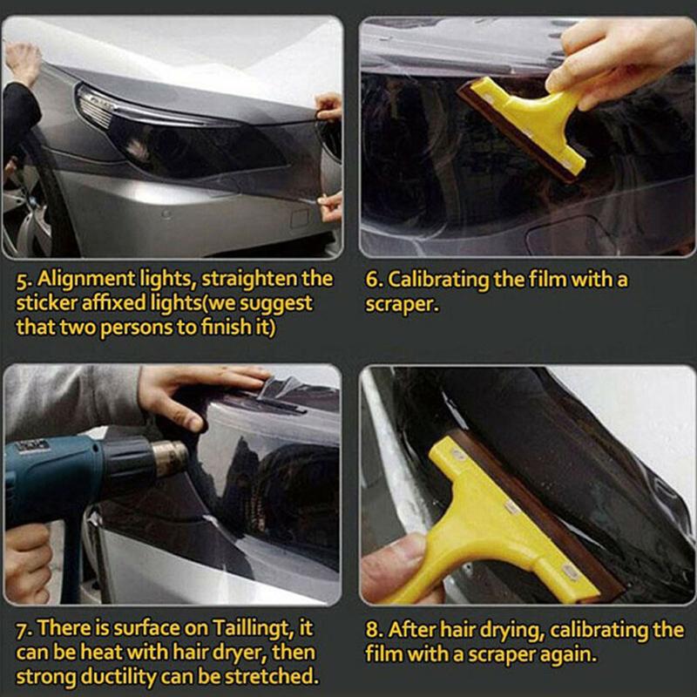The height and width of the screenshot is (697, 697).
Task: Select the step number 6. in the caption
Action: [373, 280]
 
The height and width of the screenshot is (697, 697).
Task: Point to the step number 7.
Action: [24, 628]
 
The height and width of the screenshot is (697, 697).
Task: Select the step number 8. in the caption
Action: [375, 629]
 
